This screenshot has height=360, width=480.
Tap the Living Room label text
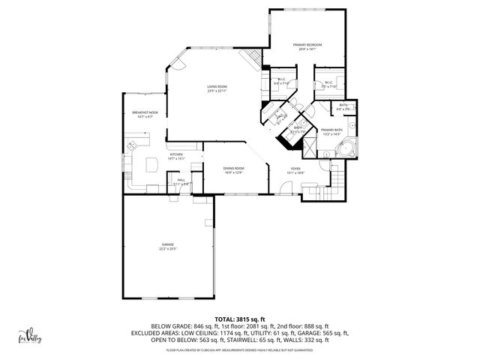[217, 87]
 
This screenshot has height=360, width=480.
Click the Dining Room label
[233, 168]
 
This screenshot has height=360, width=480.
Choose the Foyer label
[295, 168]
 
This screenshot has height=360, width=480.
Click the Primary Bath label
[331, 130]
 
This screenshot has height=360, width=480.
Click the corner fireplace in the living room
[250, 59]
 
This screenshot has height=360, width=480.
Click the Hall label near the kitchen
[181, 180]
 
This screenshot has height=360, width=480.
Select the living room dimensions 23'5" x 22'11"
[217, 91]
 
